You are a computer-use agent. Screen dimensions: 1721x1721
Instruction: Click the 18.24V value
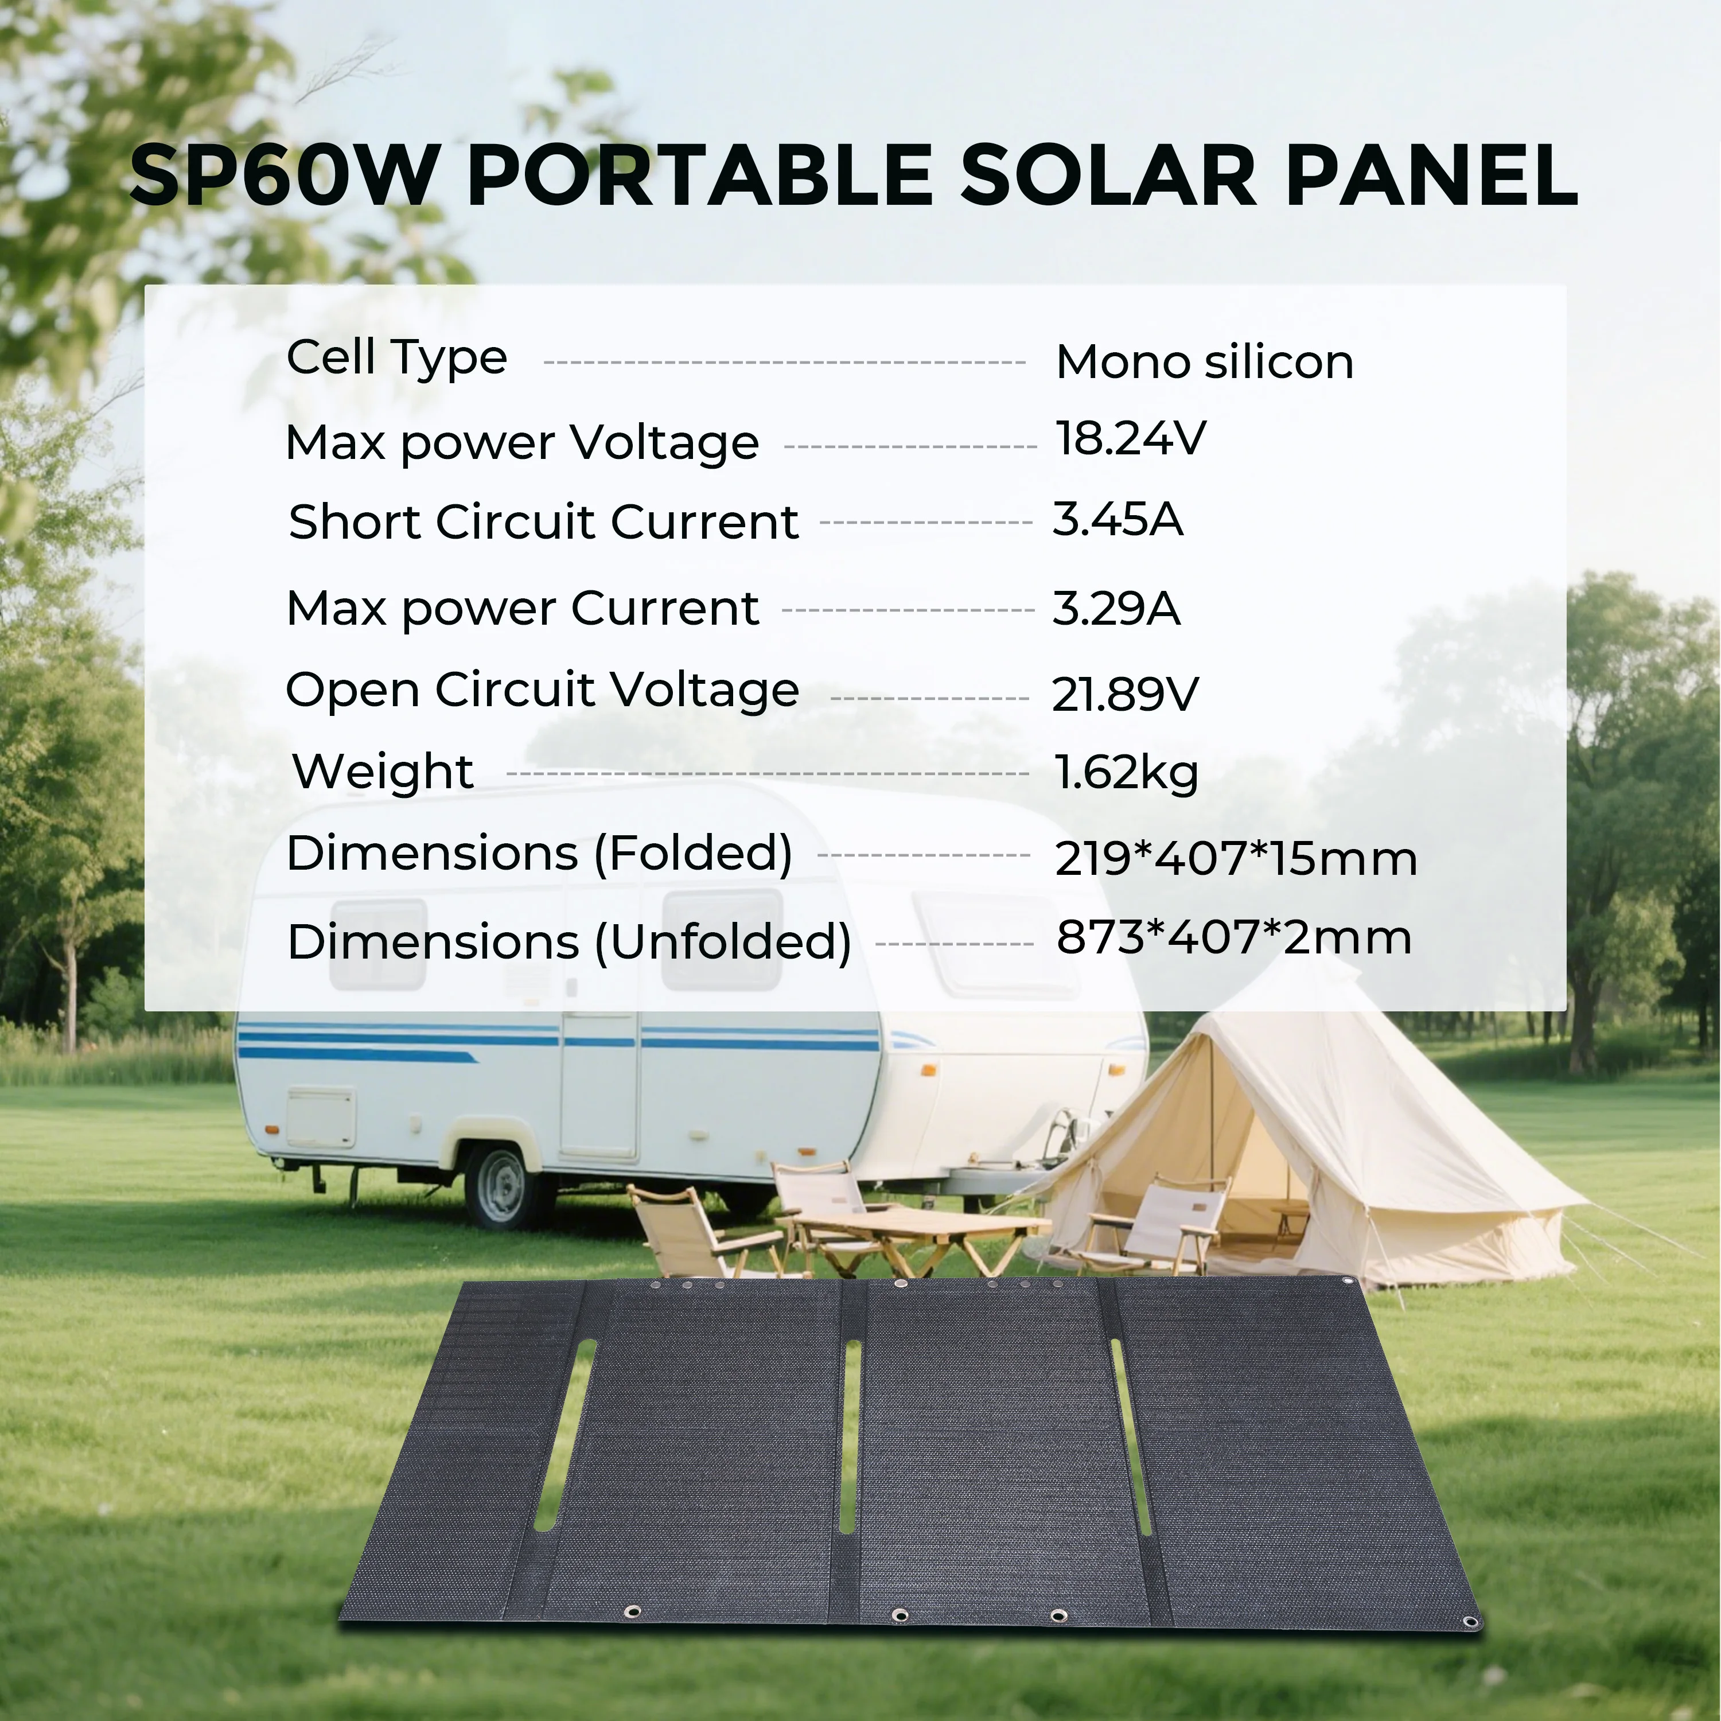point(1130,438)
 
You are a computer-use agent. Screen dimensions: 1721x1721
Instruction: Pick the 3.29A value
point(1116,609)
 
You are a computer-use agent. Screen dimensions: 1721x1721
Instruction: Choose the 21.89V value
point(1125,694)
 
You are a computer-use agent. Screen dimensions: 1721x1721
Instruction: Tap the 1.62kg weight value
point(1126,772)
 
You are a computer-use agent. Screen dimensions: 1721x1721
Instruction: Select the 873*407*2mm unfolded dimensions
point(1234,937)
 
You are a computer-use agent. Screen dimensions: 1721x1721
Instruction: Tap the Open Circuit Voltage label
point(543,690)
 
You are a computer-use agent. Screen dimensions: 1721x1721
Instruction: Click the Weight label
point(383,772)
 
